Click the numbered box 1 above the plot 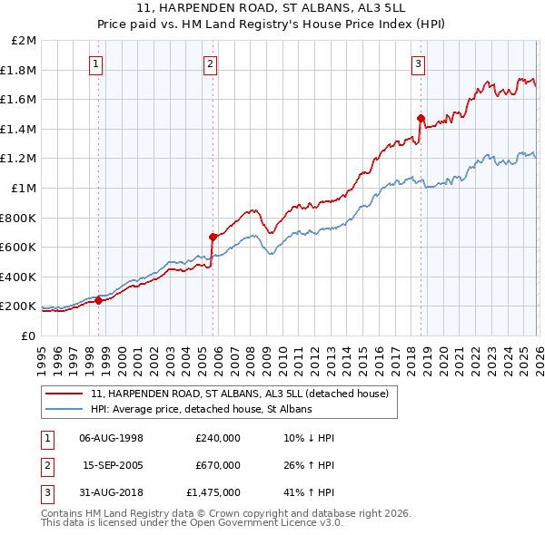coord(96,63)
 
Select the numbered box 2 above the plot coord(210,63)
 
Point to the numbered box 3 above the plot coord(418,63)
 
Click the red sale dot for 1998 coord(99,301)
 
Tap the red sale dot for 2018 coord(421,118)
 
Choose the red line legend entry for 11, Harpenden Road coord(240,394)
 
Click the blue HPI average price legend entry coord(201,410)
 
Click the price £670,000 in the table coord(217,466)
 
